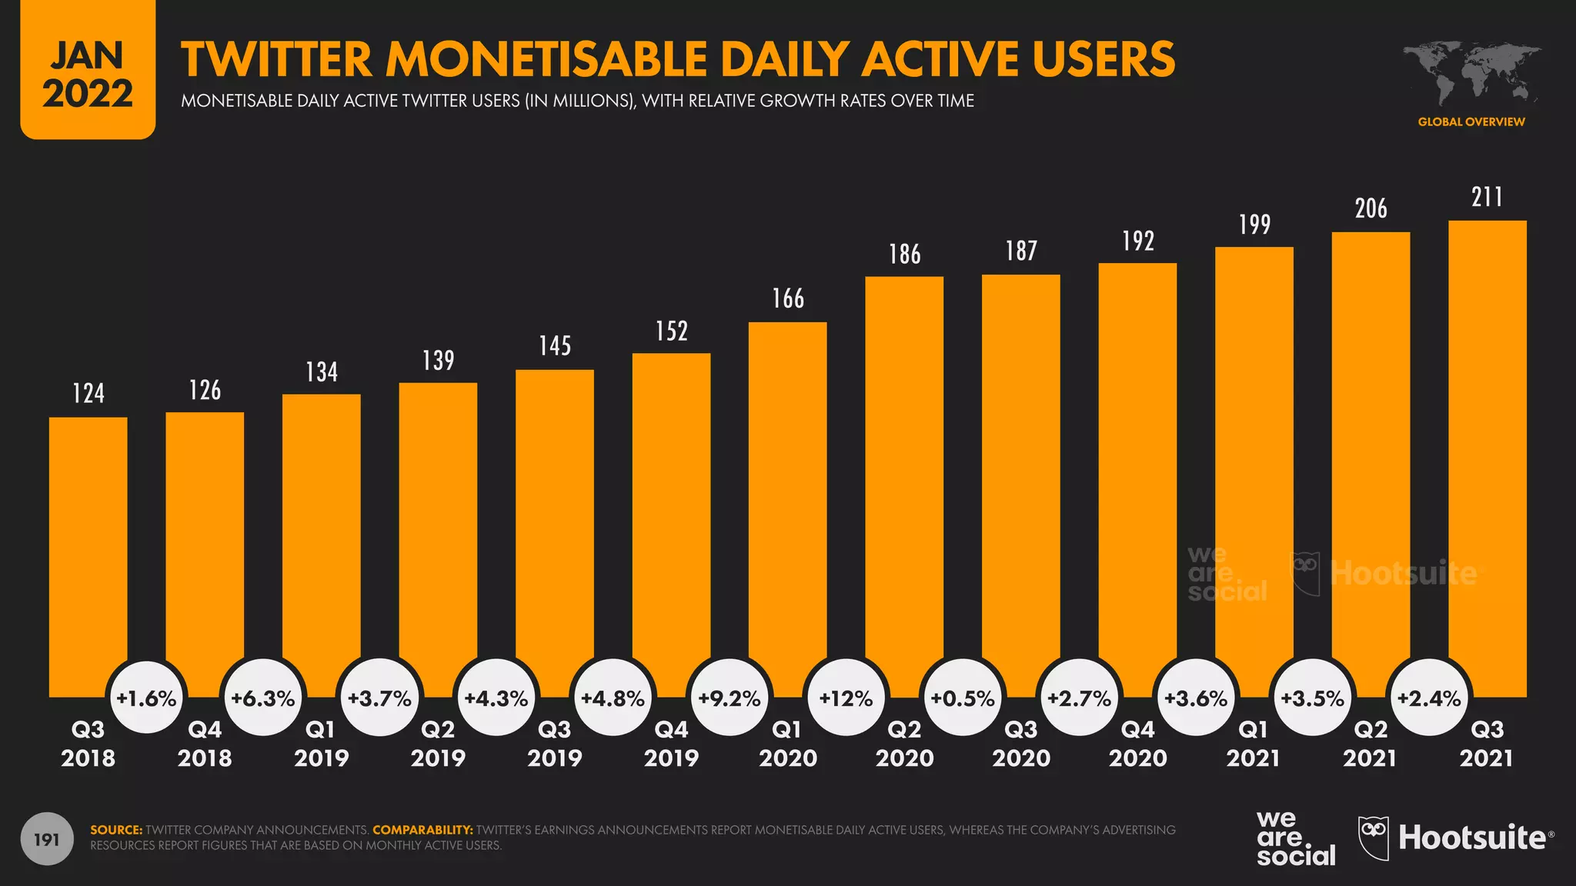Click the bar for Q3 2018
click(x=88, y=554)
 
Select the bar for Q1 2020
click(x=787, y=508)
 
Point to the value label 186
click(x=904, y=255)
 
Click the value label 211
click(x=1487, y=197)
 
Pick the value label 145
click(x=555, y=346)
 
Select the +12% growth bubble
click(x=846, y=698)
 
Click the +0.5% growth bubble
click(x=963, y=698)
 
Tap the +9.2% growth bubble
click(x=729, y=698)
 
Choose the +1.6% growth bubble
click(x=146, y=698)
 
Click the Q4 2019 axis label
click(x=671, y=743)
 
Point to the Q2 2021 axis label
click(x=1370, y=743)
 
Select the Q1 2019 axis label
click(x=321, y=743)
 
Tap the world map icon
click(x=1471, y=73)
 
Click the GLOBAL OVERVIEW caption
click(x=1471, y=122)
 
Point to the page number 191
click(x=47, y=839)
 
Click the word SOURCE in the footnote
click(x=116, y=830)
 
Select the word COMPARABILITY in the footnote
click(x=422, y=830)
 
